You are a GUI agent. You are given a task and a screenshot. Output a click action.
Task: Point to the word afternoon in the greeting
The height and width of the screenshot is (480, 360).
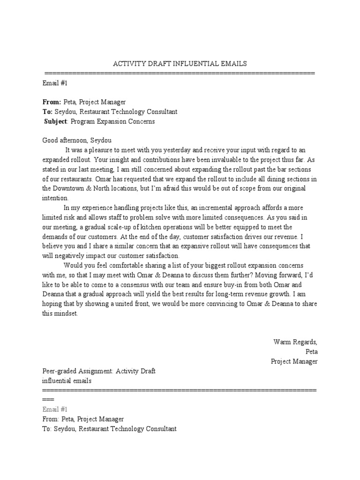[78, 140]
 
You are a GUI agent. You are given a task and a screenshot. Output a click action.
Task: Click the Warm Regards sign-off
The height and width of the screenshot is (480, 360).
[295, 342]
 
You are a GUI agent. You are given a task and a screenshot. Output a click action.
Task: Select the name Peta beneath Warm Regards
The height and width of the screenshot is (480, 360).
[311, 352]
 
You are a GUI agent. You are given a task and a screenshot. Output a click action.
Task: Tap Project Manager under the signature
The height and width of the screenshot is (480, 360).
[294, 361]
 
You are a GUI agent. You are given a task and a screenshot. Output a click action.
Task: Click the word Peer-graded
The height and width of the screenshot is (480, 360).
[60, 371]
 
